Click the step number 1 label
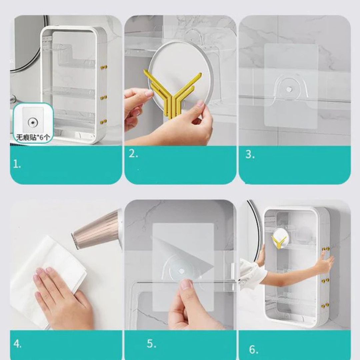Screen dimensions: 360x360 tap(17, 164)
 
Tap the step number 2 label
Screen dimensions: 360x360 tap(133, 154)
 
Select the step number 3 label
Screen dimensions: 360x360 tap(250, 154)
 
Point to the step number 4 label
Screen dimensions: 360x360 tap(17, 344)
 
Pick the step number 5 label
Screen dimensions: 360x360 tap(152, 344)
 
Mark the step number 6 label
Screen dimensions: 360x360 tap(254, 349)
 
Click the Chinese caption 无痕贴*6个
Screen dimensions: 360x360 tap(33, 137)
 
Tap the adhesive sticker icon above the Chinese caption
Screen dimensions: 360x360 tap(33, 122)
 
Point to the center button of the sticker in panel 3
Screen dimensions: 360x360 tap(289, 88)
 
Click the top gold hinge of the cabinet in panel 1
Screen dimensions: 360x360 tap(104, 67)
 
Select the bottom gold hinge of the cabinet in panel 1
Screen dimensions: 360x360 tap(104, 121)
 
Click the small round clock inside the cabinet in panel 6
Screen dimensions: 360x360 tap(279, 238)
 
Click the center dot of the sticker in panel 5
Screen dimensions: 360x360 tap(181, 271)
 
